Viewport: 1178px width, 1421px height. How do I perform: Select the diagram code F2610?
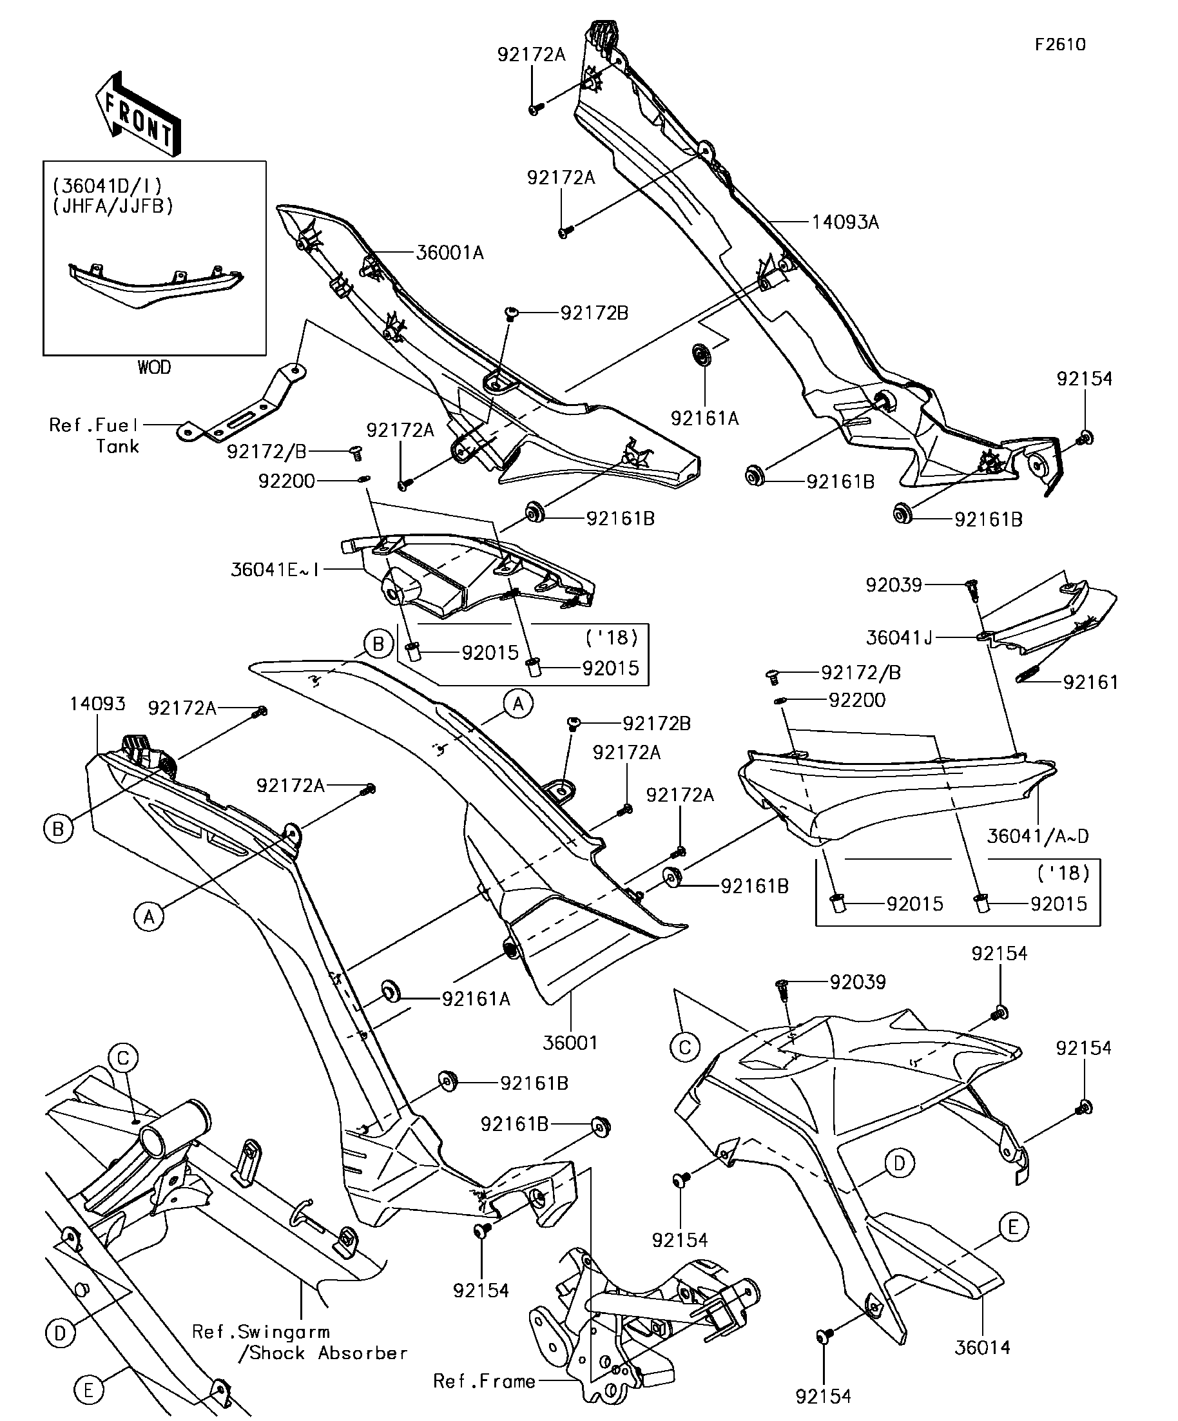(1059, 44)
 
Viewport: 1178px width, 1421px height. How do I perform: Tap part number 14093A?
(844, 222)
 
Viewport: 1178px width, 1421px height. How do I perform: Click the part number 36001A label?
(449, 253)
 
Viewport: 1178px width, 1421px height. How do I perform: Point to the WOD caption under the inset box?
(154, 367)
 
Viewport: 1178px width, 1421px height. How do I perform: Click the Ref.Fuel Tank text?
(95, 435)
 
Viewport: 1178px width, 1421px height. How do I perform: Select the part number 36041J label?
(898, 637)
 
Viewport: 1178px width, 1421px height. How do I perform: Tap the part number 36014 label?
(982, 1348)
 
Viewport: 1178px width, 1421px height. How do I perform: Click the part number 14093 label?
(97, 704)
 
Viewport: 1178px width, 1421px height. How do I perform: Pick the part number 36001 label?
(570, 1043)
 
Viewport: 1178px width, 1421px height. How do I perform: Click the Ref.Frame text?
(485, 1380)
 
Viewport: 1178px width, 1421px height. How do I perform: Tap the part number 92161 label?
(1090, 682)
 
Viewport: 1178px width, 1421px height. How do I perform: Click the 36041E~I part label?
(275, 570)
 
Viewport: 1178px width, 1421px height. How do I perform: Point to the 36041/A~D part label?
(1038, 836)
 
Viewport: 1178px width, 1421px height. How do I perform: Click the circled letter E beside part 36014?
(1012, 1227)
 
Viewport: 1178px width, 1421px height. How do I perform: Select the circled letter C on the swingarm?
(123, 1058)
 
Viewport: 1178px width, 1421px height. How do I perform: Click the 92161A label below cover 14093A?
(704, 419)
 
